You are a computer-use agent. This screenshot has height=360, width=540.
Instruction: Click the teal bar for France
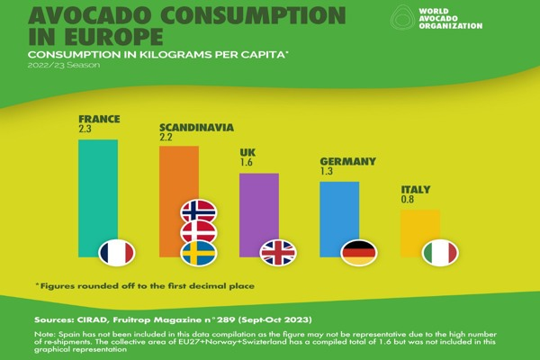pyautogui.click(x=98, y=189)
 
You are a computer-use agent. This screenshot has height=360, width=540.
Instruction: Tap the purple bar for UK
pyautogui.click(x=258, y=207)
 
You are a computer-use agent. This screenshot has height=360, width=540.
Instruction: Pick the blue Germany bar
pyautogui.click(x=339, y=211)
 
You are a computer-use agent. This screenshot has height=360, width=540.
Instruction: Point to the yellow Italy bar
pyautogui.click(x=420, y=229)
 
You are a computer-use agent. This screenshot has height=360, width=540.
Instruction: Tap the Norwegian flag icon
pyautogui.click(x=198, y=211)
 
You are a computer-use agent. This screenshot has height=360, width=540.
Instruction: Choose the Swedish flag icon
pyautogui.click(x=198, y=254)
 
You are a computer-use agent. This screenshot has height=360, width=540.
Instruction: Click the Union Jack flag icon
pyautogui.click(x=277, y=253)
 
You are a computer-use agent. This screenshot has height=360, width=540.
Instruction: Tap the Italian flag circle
pyautogui.click(x=440, y=253)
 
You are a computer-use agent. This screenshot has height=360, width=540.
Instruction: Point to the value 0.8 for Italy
pyautogui.click(x=409, y=201)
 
